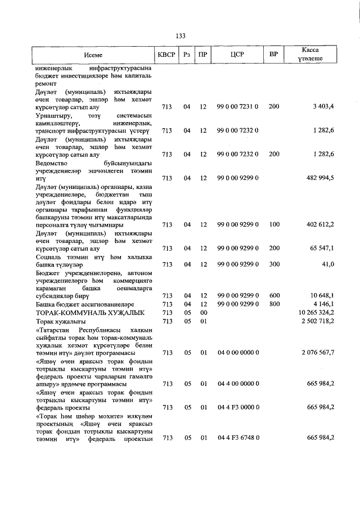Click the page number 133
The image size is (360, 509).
181,35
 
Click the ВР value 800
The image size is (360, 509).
274,304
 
